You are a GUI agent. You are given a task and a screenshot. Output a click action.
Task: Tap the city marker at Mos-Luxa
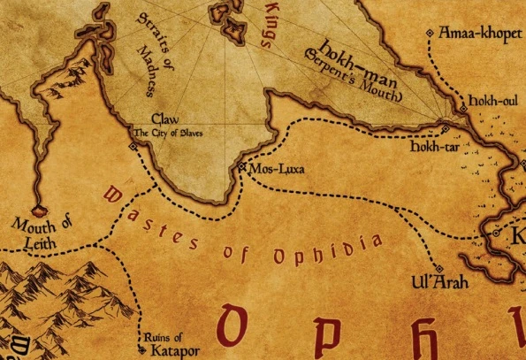tap(241, 165)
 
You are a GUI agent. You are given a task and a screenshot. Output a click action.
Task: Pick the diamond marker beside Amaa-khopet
tap(430, 34)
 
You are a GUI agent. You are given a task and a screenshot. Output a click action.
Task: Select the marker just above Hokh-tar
tap(445, 130)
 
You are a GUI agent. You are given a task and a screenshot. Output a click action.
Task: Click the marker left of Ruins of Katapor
tap(143, 337)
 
